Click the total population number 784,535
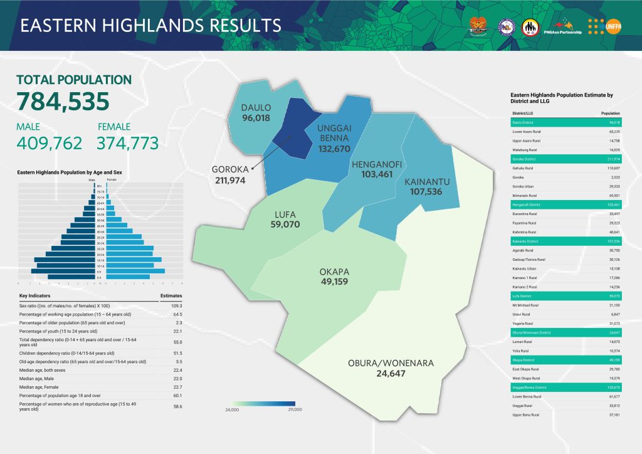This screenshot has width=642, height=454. tap(63, 102)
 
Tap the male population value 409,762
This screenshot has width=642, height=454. tap(49, 144)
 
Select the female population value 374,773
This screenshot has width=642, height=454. tap(127, 144)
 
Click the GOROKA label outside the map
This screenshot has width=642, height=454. tap(230, 169)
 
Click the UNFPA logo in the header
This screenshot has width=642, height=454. tap(603, 24)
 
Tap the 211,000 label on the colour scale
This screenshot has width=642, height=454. tap(295, 409)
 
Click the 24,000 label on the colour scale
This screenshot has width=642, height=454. tap(231, 409)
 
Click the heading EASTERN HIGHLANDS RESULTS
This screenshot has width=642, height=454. tap(150, 25)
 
